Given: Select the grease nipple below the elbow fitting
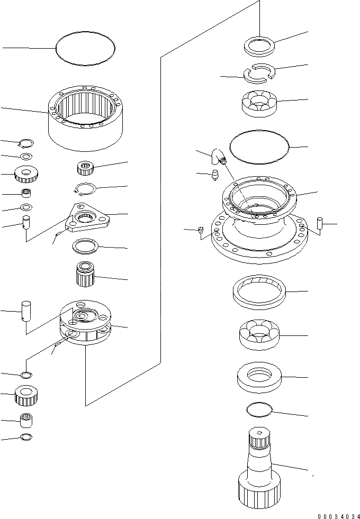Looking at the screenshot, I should [x=215, y=175].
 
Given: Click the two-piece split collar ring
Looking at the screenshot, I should [x=259, y=73].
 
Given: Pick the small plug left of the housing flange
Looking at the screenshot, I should [x=201, y=229].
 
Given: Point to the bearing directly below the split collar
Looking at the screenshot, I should [x=259, y=103].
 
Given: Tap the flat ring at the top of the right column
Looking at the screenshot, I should [x=259, y=44].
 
